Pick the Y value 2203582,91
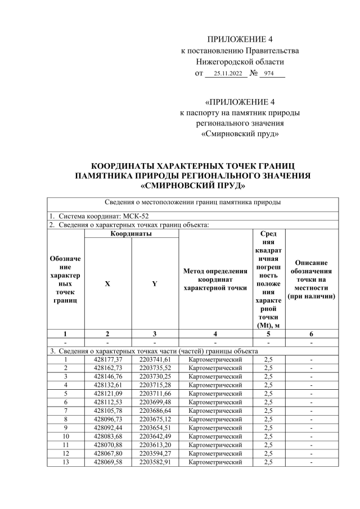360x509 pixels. pyautogui.click(x=155, y=462)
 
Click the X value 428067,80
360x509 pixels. pyautogui.click(x=108, y=454)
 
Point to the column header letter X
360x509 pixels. pyautogui.click(x=107, y=283)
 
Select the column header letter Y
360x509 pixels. pyautogui.click(x=155, y=283)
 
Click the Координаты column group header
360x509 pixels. pyautogui.click(x=131, y=233)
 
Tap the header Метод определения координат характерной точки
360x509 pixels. pyautogui.click(x=215, y=280)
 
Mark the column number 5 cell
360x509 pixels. pyautogui.click(x=268, y=334)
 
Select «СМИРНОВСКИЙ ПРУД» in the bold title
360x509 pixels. pyautogui.click(x=192, y=185)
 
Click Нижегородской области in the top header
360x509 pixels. pyautogui.click(x=240, y=62)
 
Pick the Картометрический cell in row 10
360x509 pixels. pyautogui.click(x=215, y=437)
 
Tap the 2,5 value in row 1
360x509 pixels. pyautogui.click(x=268, y=359)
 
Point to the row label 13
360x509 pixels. pyautogui.click(x=66, y=462)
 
